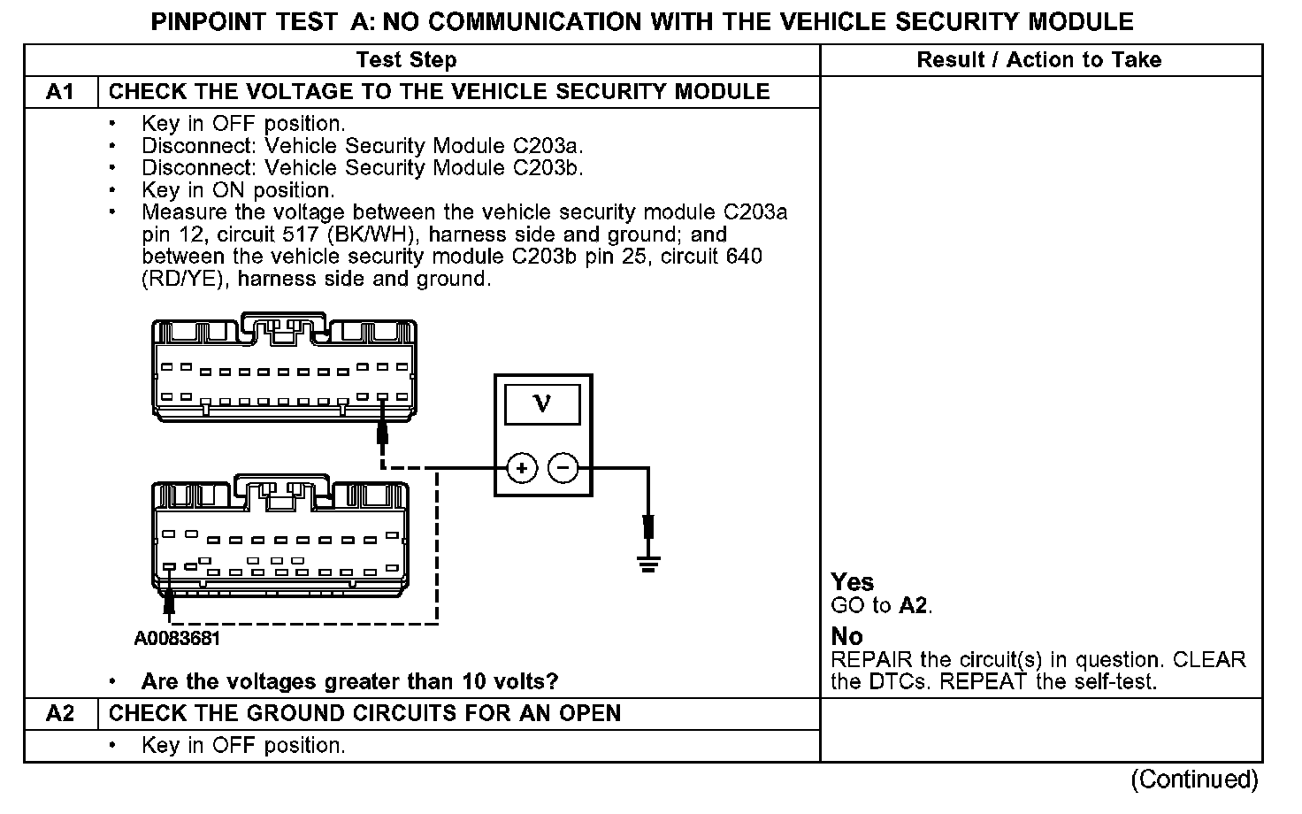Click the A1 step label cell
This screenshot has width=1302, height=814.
[60, 92]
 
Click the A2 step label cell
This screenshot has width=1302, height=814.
[60, 714]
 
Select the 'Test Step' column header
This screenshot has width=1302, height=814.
[406, 60]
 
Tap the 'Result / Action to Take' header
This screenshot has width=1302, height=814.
[1038, 60]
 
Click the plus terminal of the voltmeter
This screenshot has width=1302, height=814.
[522, 468]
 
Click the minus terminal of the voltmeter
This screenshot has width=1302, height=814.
[563, 468]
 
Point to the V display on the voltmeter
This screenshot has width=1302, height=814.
[542, 404]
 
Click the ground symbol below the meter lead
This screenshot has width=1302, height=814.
[649, 562]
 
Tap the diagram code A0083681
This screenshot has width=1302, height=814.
[177, 638]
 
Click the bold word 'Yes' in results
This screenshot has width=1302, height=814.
[853, 582]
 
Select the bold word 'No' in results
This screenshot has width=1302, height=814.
[846, 636]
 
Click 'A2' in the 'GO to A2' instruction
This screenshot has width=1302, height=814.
[914, 606]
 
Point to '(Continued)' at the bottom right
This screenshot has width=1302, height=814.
[1194, 779]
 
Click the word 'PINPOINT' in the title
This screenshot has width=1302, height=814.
[206, 21]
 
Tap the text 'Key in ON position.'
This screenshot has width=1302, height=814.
[238, 190]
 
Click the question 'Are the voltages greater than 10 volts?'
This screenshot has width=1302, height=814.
[349, 682]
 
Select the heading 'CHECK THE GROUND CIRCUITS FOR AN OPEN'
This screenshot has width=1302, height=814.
[364, 714]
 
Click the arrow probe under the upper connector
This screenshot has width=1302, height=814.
[383, 433]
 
